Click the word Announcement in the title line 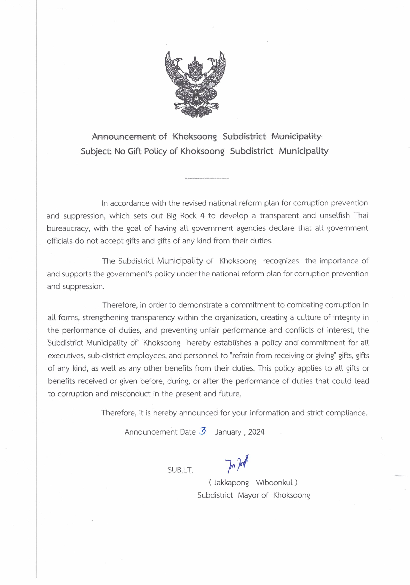point(124,137)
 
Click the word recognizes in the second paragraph point(281,261)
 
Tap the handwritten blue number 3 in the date point(202,431)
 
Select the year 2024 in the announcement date point(256,432)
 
